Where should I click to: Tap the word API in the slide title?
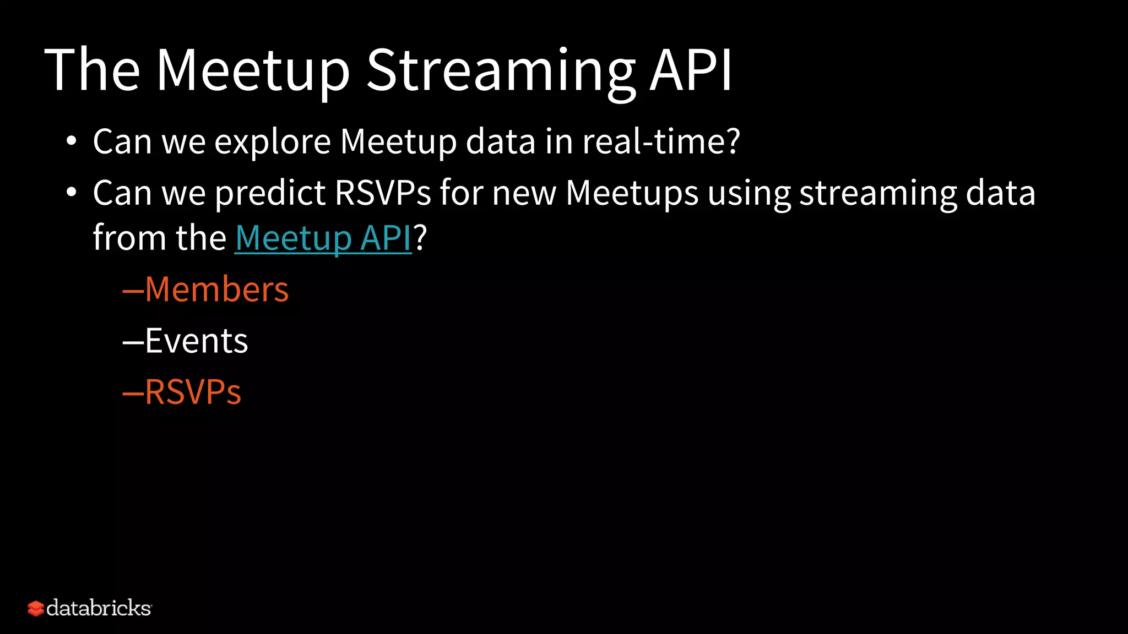(691, 70)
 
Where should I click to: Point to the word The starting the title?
(92, 70)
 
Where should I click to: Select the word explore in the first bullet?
(272, 143)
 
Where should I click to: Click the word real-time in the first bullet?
(661, 141)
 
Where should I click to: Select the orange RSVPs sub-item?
(193, 392)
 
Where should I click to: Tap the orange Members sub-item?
(216, 289)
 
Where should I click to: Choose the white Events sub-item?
(196, 341)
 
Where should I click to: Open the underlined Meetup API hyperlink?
(323, 238)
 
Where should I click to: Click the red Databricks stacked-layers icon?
(36, 609)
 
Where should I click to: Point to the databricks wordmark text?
(99, 608)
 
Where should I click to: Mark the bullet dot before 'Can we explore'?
(71, 141)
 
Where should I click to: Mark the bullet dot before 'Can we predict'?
(71, 193)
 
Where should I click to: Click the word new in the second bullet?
(524, 194)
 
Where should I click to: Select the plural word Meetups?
(632, 194)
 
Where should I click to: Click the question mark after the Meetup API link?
(421, 238)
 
